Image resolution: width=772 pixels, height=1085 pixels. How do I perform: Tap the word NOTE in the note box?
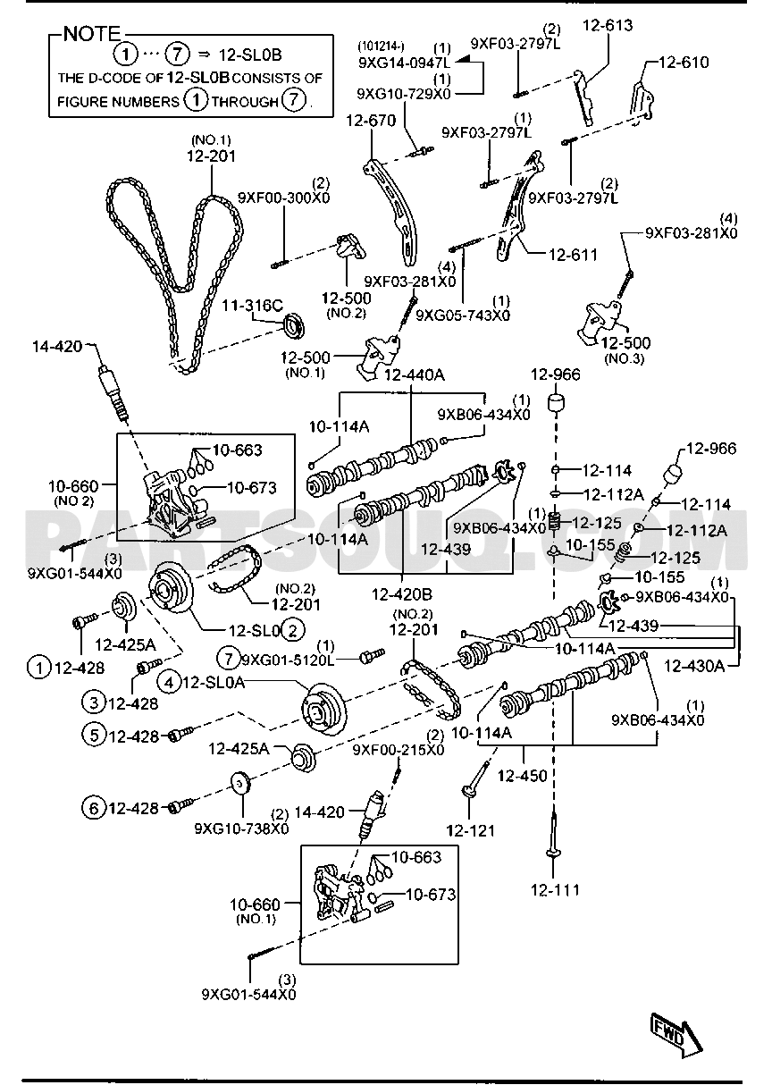click(91, 34)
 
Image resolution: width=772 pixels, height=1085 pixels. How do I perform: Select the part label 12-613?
click(608, 25)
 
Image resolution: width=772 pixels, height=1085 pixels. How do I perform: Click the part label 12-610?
click(684, 62)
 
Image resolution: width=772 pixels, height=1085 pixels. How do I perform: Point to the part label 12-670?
click(371, 120)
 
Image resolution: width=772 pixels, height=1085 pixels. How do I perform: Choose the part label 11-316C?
click(252, 305)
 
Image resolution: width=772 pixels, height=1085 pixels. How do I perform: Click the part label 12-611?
click(573, 255)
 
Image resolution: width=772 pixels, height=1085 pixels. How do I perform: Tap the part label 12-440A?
click(415, 374)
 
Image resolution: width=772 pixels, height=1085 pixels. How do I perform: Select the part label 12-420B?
click(402, 593)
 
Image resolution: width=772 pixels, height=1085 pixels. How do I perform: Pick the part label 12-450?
click(522, 776)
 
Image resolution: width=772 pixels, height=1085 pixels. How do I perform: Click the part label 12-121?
click(471, 830)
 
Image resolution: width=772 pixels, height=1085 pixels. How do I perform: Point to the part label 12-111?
click(555, 890)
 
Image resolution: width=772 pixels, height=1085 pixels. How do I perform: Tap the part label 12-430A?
click(694, 667)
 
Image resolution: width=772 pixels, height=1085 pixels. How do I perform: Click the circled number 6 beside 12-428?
click(93, 808)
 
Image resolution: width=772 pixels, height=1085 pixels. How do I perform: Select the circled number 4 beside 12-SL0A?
click(169, 683)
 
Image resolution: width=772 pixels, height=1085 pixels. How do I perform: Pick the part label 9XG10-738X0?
click(241, 828)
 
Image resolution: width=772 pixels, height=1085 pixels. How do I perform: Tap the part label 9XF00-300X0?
click(283, 198)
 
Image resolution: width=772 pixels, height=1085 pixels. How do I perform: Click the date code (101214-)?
click(381, 46)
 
